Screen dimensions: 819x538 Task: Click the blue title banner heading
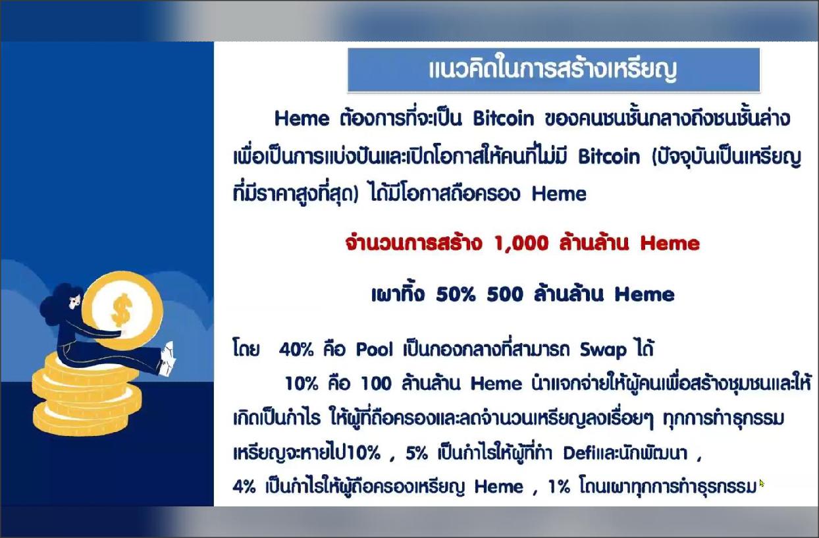(553, 70)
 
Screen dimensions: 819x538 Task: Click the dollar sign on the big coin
(121, 310)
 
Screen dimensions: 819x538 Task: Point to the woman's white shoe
(167, 358)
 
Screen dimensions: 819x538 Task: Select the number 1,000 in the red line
(521, 243)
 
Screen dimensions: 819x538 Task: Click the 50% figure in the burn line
(456, 294)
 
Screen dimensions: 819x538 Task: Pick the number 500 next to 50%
(505, 294)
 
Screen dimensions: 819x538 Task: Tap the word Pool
(375, 350)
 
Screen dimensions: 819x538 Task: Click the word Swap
(603, 350)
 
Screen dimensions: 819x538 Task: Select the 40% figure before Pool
(296, 350)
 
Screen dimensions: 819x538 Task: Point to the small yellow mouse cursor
(762, 483)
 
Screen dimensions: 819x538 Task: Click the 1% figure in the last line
(559, 487)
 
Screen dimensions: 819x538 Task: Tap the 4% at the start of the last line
(244, 487)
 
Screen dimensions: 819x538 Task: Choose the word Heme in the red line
(670, 244)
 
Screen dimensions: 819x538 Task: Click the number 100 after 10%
(376, 384)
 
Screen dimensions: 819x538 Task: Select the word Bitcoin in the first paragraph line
(503, 119)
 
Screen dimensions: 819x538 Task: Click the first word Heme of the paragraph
(302, 119)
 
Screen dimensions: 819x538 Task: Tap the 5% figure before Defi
(417, 454)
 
